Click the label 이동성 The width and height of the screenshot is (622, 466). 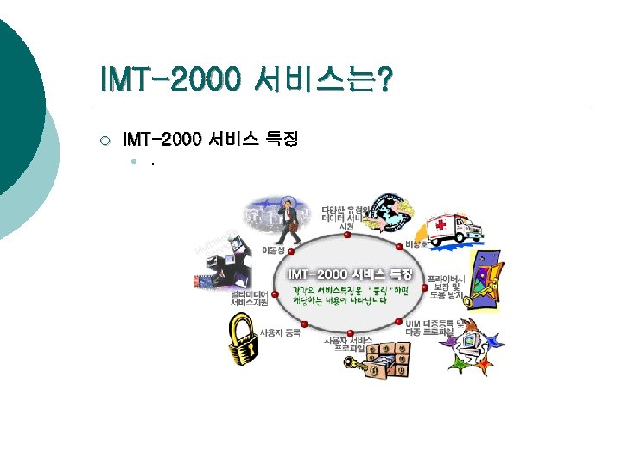(271, 249)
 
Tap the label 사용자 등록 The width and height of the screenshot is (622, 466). (281, 331)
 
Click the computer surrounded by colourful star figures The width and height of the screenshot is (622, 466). (469, 345)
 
